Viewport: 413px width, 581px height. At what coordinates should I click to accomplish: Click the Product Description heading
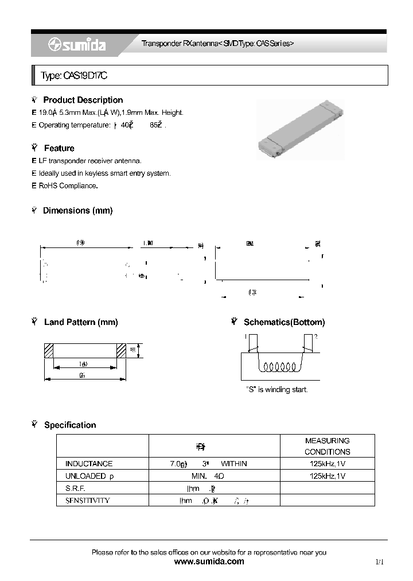click(x=83, y=100)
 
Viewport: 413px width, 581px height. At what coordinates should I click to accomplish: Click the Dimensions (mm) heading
click(x=77, y=211)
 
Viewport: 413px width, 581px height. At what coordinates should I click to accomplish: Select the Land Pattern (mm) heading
click(x=80, y=322)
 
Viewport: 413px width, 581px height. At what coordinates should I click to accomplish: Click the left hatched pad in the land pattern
click(x=49, y=350)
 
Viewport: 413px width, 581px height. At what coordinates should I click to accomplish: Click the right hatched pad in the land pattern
click(x=121, y=350)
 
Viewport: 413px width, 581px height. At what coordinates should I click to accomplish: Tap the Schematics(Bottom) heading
click(x=284, y=322)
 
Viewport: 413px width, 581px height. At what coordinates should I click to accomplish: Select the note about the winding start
click(x=276, y=389)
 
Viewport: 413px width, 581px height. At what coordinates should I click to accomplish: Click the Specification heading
click(x=70, y=425)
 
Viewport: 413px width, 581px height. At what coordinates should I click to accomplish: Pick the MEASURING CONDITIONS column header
click(x=327, y=446)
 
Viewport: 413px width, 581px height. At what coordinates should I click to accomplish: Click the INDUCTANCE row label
click(x=89, y=463)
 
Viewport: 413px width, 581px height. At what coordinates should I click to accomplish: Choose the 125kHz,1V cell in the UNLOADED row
click(x=327, y=476)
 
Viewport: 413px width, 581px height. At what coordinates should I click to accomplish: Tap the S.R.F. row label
click(x=75, y=488)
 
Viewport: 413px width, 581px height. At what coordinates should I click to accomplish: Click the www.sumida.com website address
click(x=209, y=561)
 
